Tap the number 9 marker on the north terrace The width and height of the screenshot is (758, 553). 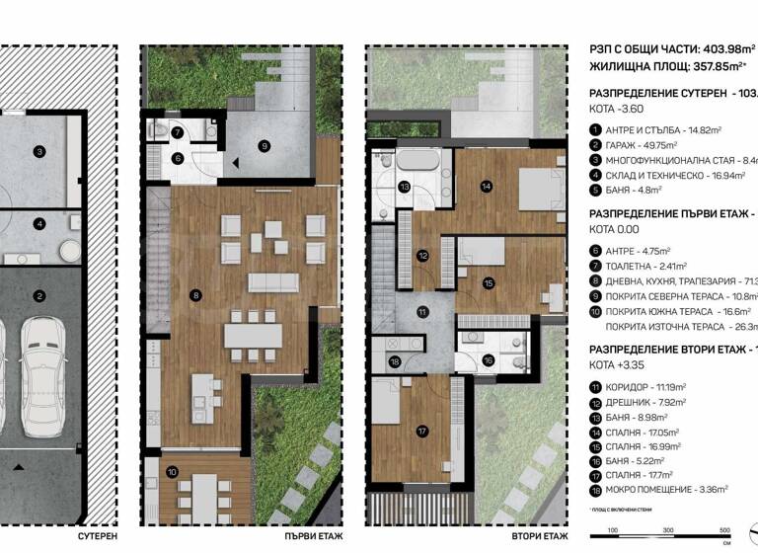click(264, 145)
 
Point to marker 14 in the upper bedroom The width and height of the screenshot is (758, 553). click(486, 185)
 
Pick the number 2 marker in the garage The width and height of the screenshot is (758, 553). click(38, 295)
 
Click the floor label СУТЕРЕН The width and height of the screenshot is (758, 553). click(97, 536)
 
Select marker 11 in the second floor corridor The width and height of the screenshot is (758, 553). click(422, 312)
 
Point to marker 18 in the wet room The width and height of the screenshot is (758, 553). click(395, 362)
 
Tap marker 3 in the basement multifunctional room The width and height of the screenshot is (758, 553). click(38, 151)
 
